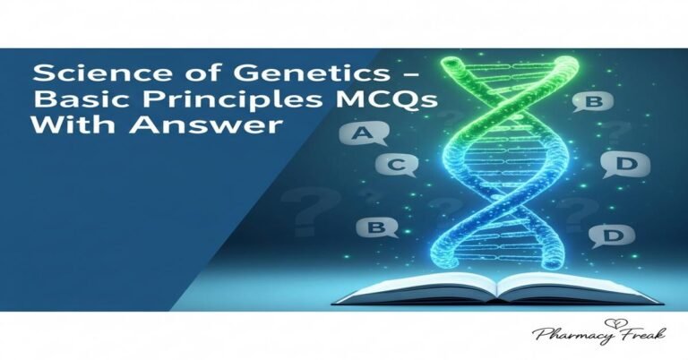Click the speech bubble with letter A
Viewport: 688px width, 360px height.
(363, 135)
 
